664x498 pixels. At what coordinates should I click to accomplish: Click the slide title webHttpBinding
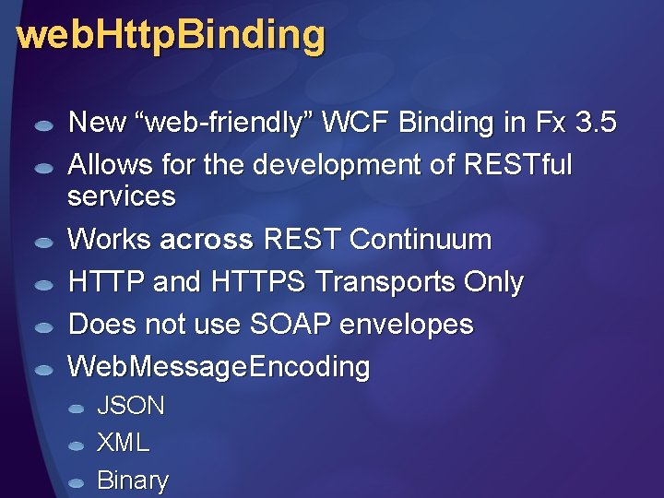[171, 36]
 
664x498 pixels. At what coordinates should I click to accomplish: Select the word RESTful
[520, 165]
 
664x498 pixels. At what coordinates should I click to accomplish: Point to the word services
[122, 196]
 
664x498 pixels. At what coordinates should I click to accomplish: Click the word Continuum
[421, 240]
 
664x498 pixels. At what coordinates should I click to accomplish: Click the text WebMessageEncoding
[219, 367]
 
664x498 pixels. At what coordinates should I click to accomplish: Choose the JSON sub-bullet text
[131, 406]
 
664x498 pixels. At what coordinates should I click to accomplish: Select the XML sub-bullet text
[123, 443]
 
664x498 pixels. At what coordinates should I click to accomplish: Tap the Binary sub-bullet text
[133, 480]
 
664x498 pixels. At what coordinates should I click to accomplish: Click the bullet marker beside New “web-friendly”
[42, 125]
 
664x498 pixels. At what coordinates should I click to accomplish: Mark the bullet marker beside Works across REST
[42, 243]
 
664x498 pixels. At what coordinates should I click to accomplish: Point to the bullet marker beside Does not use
[42, 327]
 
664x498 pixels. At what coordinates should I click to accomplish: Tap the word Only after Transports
[493, 282]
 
